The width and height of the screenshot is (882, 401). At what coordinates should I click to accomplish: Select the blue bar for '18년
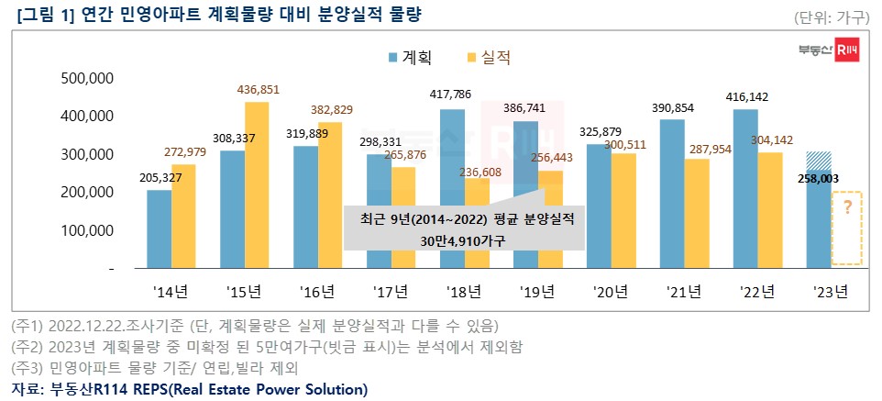click(452, 188)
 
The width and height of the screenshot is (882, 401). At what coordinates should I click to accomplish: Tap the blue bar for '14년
click(159, 229)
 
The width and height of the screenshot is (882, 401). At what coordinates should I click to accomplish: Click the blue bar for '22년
click(744, 188)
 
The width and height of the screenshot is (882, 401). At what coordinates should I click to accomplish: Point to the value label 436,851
click(258, 89)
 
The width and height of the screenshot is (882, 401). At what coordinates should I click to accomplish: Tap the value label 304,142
click(770, 141)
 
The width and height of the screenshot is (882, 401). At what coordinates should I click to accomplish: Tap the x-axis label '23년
click(831, 293)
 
